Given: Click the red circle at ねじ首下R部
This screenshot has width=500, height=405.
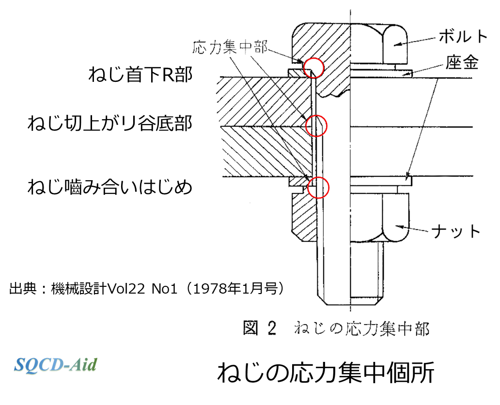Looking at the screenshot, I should [x=313, y=67].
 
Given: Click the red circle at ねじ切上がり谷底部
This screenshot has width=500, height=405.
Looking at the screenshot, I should [x=318, y=125].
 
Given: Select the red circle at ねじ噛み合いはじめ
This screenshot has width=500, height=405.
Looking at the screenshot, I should [x=318, y=187].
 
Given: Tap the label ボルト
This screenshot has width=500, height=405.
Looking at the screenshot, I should [x=462, y=36].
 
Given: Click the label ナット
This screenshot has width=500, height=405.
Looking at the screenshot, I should [x=456, y=231].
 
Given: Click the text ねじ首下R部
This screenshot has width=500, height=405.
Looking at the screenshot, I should [x=141, y=75].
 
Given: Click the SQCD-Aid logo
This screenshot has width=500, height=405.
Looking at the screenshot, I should [x=56, y=364].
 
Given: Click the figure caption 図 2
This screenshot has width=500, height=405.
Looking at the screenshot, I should [x=259, y=329].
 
